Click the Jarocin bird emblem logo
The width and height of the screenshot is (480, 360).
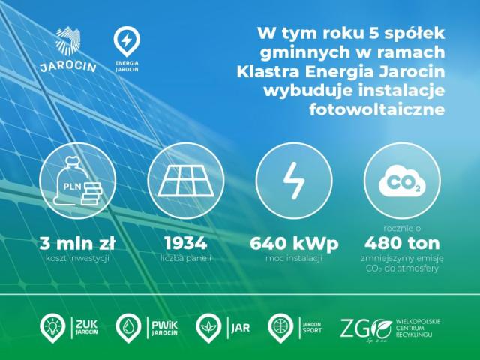(x=68, y=40)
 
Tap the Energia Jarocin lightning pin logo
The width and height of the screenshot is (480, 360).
(x=127, y=42)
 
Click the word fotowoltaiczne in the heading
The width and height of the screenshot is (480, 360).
(x=376, y=109)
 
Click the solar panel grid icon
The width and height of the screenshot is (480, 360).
(x=186, y=181)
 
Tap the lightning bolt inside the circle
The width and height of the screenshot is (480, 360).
(x=294, y=181)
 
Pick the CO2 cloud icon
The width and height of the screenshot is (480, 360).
(x=402, y=181)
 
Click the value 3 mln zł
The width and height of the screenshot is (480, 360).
(x=77, y=243)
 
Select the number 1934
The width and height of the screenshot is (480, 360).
(x=186, y=243)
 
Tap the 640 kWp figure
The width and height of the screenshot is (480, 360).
(x=294, y=244)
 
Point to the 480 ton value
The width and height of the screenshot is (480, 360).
(x=402, y=243)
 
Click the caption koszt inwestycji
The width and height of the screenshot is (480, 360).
(x=77, y=258)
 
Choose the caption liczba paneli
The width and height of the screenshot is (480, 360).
(x=186, y=258)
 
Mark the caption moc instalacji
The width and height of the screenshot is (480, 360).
(x=294, y=258)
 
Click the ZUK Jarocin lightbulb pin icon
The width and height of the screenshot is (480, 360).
(x=52, y=328)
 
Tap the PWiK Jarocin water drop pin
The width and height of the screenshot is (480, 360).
(x=128, y=328)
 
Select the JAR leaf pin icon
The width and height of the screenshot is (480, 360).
(x=208, y=328)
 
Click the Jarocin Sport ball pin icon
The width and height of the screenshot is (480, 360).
(x=280, y=328)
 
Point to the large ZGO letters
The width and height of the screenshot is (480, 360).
(x=366, y=328)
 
